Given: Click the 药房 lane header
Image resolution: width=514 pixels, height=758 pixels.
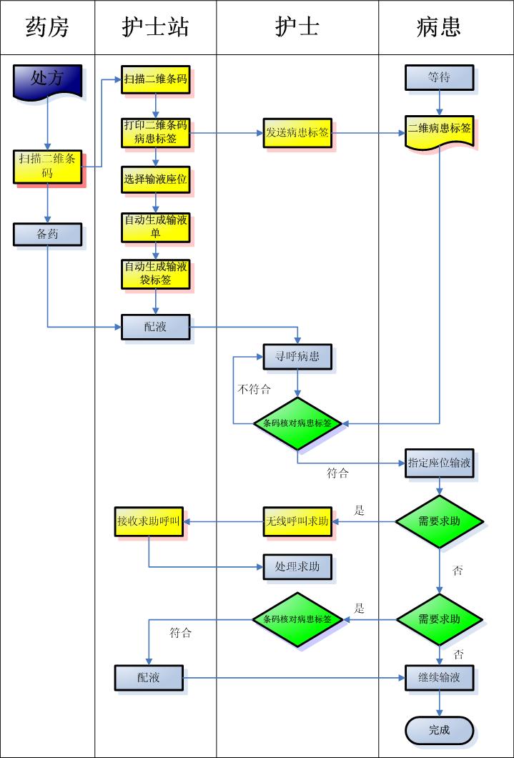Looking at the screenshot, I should click(47, 27).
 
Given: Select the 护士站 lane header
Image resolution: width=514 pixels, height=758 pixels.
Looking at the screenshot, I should click(155, 27).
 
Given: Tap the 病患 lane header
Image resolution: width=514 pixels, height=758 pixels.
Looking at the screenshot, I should click(439, 27).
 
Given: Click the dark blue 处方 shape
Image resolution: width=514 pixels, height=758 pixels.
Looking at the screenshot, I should click(47, 79).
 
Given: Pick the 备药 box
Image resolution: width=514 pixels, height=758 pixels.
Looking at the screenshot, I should click(47, 234).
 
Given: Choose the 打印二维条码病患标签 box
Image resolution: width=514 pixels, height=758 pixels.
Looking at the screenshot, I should click(155, 132).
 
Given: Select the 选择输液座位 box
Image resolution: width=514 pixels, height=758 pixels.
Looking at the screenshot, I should click(155, 180).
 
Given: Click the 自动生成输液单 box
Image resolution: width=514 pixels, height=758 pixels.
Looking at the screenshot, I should click(155, 227).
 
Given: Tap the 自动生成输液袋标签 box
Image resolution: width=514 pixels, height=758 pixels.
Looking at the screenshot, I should click(155, 273).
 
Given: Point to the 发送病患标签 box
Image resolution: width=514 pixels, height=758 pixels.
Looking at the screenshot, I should click(297, 133).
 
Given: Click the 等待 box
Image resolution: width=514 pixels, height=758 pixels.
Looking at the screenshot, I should click(439, 77).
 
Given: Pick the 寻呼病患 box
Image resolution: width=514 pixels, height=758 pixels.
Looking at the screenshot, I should click(297, 357).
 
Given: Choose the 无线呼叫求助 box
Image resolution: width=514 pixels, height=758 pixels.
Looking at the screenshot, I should click(297, 521).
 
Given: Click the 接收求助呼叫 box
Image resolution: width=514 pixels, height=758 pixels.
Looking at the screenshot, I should click(149, 521).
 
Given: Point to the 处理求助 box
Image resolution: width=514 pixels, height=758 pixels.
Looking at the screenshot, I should click(297, 567).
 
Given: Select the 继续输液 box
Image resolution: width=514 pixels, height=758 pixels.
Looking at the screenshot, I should click(439, 677).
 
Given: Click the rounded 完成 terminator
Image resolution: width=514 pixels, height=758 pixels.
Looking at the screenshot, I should click(439, 730).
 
